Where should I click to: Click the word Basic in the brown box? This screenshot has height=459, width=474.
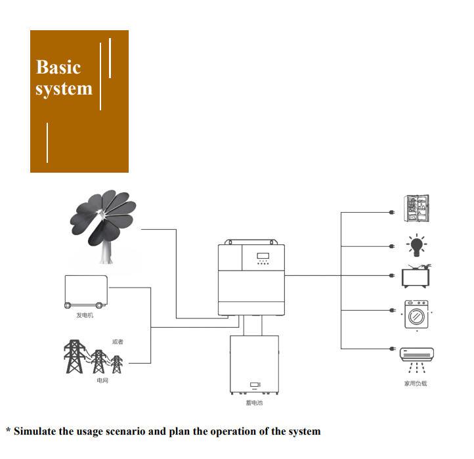point(58,67)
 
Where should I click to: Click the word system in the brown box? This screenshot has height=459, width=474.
point(64,89)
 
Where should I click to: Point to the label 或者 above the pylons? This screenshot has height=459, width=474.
point(118,342)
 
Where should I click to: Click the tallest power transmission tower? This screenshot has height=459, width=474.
point(74,357)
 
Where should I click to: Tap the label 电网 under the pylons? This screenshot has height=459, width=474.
point(102,381)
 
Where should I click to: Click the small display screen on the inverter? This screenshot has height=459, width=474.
point(263,255)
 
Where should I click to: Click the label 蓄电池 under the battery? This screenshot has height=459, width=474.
point(254,402)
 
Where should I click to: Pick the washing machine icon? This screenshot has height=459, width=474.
point(416,315)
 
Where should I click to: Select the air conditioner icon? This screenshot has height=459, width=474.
point(416,355)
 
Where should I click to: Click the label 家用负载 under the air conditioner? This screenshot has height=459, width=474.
point(416,383)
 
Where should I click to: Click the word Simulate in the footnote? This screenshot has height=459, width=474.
point(38,431)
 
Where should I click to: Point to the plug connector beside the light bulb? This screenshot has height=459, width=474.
point(391,247)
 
